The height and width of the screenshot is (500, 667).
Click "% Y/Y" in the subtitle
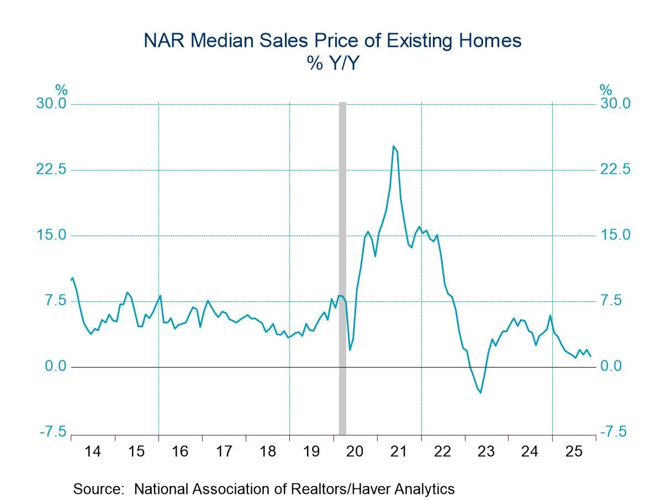(333, 65)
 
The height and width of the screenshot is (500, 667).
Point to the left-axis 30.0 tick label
(51, 104)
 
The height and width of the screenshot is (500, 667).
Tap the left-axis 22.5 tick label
(51, 170)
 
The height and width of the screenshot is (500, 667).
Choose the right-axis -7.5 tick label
(613, 432)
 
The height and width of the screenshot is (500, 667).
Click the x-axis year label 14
(93, 451)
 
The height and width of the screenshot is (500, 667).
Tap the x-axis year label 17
(224, 451)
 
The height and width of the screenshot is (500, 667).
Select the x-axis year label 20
(355, 451)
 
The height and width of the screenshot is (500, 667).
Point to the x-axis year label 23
(486, 451)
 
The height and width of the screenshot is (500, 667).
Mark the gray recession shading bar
(342, 265)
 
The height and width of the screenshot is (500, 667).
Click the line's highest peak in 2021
(393, 146)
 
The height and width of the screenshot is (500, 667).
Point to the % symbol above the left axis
(61, 89)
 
